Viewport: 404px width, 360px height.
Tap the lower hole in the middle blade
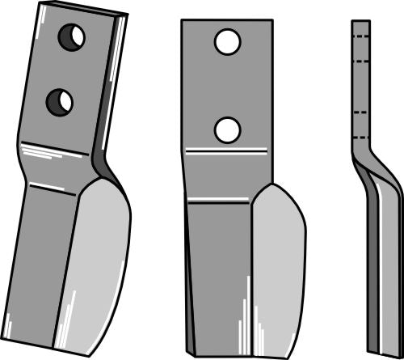point(227,129)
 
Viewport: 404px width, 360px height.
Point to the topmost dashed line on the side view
point(361,37)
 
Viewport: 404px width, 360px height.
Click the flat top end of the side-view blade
point(360,22)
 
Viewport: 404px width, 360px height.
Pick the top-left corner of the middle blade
point(182,20)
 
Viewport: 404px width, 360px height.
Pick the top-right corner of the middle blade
point(268,20)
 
